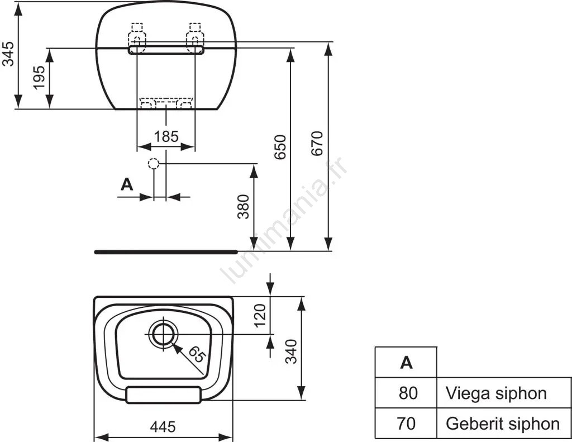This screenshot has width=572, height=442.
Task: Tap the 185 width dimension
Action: [x=166, y=136]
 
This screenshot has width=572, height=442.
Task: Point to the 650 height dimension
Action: [x=280, y=146]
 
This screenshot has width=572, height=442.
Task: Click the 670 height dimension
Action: [x=317, y=143]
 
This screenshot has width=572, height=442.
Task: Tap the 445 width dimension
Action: [x=163, y=427]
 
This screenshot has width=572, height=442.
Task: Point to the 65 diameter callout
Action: [x=195, y=355]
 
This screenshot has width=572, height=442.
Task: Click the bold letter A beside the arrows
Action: [x=127, y=184]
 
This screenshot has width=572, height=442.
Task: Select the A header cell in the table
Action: [x=406, y=363]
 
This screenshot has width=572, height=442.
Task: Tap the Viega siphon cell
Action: [x=496, y=393]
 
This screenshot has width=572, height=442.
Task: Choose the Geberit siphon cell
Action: [x=502, y=424]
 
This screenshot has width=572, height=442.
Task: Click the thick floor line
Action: [x=166, y=252]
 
